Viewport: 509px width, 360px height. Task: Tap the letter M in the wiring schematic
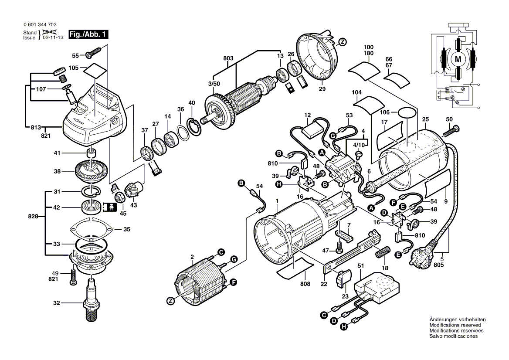tap(458, 58)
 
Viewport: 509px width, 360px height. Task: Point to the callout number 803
tap(228, 58)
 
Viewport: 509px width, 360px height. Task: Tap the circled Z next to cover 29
tap(343, 42)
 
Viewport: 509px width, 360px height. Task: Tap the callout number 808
tap(305, 284)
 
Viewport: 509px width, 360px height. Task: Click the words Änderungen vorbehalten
tap(457, 319)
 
